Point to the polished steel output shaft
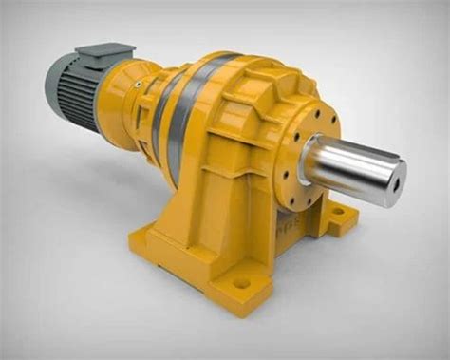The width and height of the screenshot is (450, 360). click(x=351, y=167)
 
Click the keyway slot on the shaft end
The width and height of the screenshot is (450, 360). click(x=400, y=172)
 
